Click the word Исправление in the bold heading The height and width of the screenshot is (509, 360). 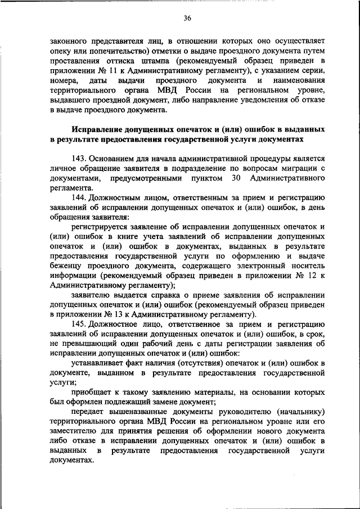pos(97,129)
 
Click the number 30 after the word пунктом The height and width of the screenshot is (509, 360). pos(236,178)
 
